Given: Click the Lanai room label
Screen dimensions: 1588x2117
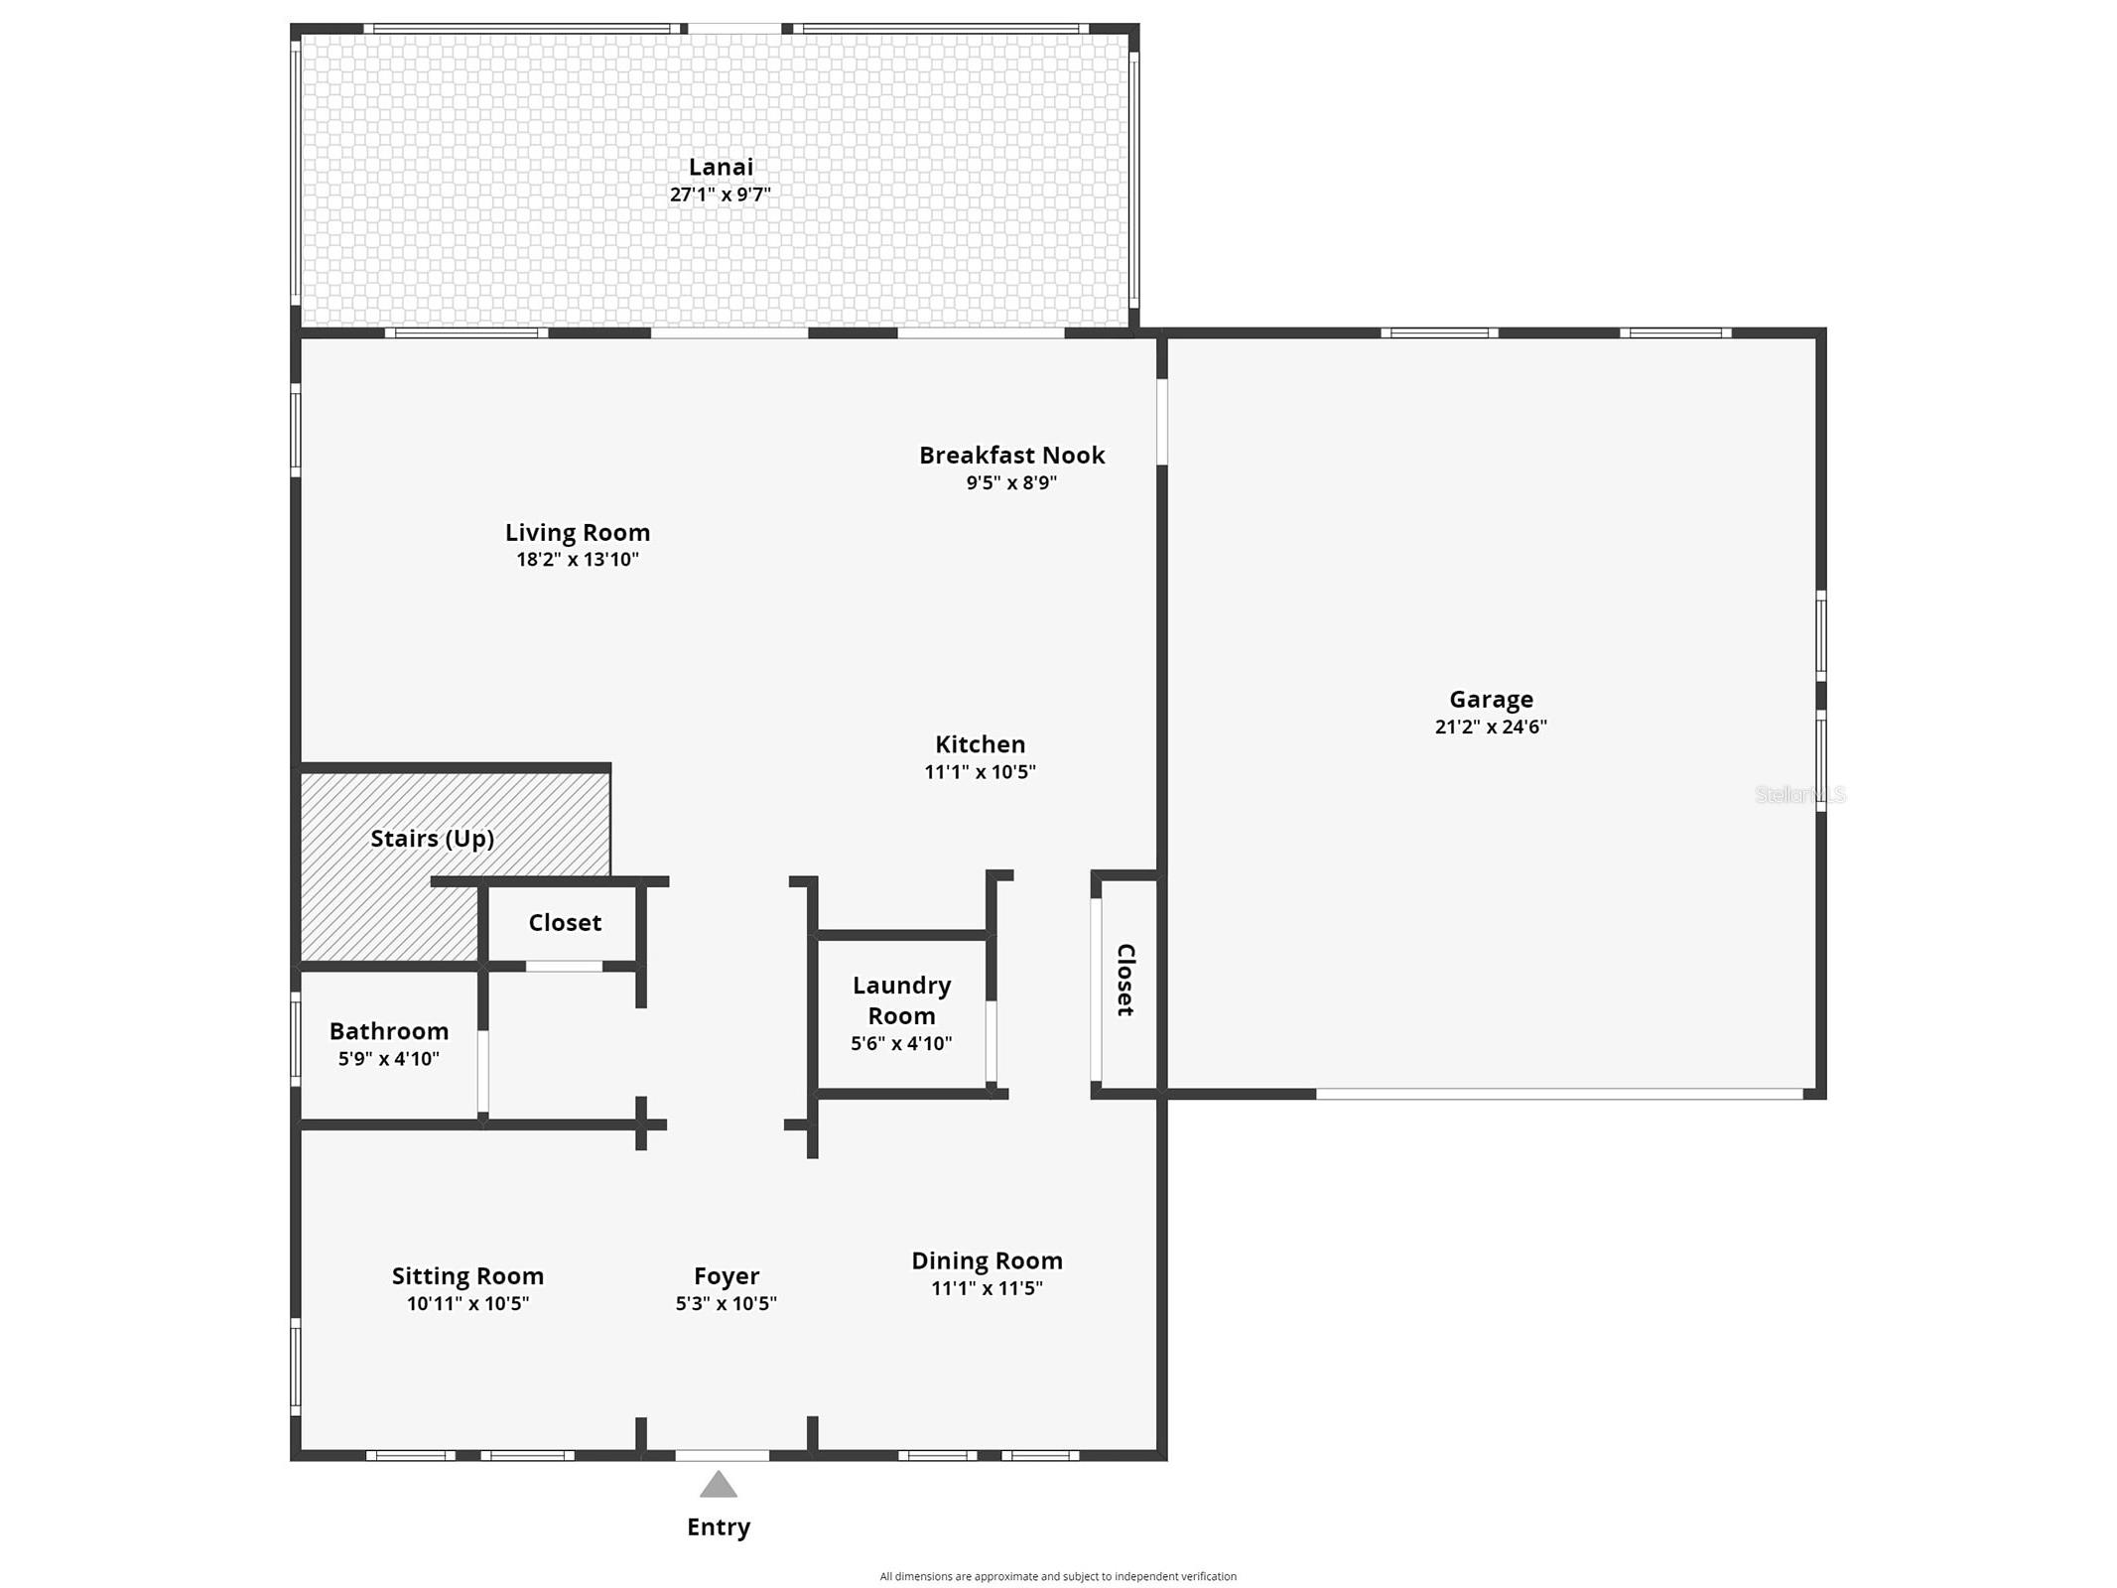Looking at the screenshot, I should click(721, 167).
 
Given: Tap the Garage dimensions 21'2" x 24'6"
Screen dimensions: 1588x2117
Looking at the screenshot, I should click(1490, 727).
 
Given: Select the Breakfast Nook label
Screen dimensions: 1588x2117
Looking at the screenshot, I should click(1011, 456).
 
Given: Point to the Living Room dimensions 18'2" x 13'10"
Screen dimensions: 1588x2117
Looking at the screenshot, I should click(577, 560).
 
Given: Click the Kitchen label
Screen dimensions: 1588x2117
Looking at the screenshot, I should click(980, 744).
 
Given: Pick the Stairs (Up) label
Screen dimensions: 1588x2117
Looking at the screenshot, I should click(432, 839).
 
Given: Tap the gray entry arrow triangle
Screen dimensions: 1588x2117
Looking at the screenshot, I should click(719, 1485).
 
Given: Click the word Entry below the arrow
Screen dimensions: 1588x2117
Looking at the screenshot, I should click(719, 1526).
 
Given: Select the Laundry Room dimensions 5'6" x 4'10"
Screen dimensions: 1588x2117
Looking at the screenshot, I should click(901, 1043).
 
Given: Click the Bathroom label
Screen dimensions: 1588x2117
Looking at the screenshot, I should click(389, 1031).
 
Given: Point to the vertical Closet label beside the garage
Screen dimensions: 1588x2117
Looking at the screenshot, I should click(1125, 980).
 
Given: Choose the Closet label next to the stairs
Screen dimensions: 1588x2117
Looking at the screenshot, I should click(565, 923).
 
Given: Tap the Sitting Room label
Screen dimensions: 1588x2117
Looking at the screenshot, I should click(467, 1276).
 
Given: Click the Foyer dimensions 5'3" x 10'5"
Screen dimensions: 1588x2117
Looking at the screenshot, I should click(726, 1304).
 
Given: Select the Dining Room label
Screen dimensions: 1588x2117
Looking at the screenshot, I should click(987, 1260).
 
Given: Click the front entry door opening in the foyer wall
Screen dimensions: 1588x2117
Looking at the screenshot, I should click(722, 1455).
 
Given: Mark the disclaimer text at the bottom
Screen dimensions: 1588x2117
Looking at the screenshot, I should click(1058, 1576).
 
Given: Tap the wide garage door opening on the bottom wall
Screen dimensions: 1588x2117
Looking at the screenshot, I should click(1558, 1094).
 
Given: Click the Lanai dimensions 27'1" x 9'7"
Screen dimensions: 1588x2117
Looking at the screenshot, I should click(720, 195).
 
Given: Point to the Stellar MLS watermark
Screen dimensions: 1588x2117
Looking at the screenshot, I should click(1799, 794).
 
